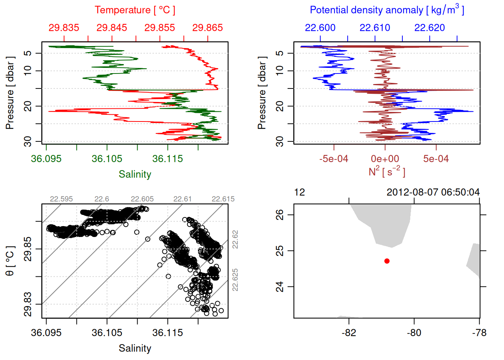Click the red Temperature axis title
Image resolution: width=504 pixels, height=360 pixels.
coord(135,10)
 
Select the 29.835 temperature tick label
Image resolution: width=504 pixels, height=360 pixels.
coord(64,28)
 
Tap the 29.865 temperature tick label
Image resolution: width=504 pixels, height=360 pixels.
coord(207,28)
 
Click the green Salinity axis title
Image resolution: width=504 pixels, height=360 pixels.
coord(135,174)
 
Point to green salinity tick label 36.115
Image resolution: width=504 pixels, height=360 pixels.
coord(168,159)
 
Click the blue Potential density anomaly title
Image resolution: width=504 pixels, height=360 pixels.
coord(387,10)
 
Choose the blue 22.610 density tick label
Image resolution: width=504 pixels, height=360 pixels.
coord(375,28)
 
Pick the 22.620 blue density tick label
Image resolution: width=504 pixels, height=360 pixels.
coord(429,28)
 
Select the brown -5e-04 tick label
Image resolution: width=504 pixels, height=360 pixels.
coord(334,159)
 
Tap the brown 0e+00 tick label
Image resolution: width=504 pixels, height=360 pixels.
coord(385,159)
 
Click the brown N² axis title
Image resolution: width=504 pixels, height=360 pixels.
coord(387,172)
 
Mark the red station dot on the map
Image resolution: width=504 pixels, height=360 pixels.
coord(387,261)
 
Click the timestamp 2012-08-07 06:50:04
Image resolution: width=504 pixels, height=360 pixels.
coord(433,192)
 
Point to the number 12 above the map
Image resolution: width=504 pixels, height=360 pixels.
coord(300,192)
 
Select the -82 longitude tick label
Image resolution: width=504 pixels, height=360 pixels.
coord(349,333)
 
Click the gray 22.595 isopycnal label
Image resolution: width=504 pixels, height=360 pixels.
coord(61,199)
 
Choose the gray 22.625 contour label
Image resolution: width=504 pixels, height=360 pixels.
coord(235,280)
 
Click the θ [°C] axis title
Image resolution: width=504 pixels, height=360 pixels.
coord(10,261)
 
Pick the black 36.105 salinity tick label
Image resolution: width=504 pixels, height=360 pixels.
coord(107,333)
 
